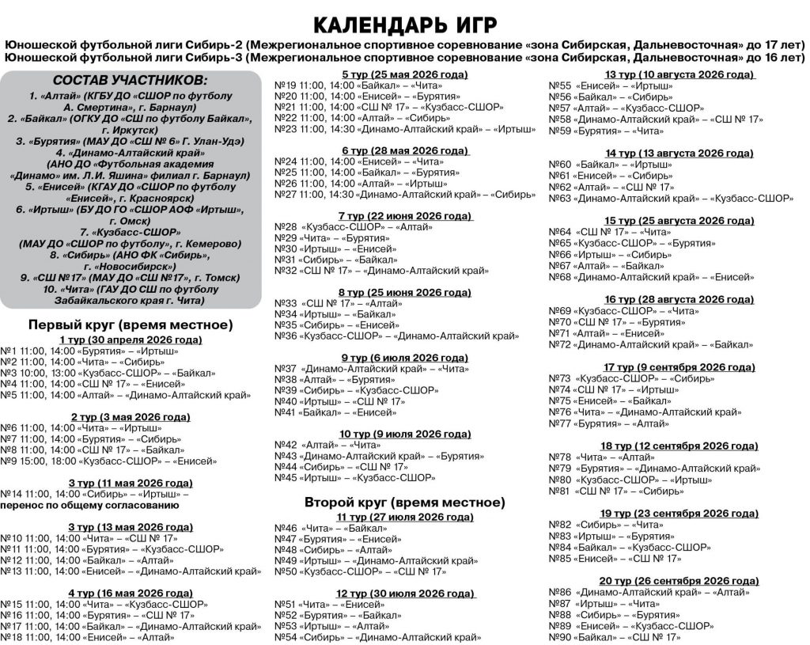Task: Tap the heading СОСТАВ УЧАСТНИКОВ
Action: (131, 82)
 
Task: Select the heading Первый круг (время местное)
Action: (131, 324)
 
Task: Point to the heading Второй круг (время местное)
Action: (404, 502)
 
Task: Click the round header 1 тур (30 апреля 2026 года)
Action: (131, 340)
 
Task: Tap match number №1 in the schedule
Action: (10, 351)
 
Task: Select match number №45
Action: (285, 477)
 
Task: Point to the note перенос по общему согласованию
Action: (95, 504)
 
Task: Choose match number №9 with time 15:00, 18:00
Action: (10, 460)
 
